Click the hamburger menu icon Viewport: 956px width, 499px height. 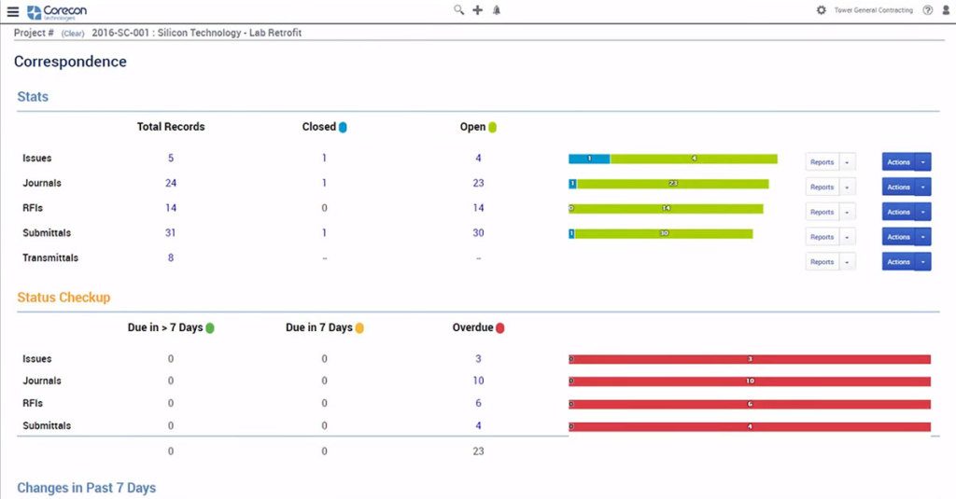coord(12,11)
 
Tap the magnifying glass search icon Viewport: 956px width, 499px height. coord(458,10)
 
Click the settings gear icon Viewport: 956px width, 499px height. coord(822,10)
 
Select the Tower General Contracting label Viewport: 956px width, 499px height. coord(874,10)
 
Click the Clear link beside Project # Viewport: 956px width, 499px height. coord(74,34)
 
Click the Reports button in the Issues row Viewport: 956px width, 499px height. coord(822,162)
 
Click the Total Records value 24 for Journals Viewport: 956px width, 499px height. coord(171,184)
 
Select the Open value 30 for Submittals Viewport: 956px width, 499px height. coord(478,233)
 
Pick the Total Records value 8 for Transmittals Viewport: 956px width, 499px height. coord(171,258)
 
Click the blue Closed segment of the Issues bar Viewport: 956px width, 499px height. coord(589,159)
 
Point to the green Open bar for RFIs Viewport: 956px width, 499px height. coord(668,209)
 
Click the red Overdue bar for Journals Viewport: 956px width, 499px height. coord(750,381)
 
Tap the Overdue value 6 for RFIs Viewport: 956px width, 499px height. coord(478,404)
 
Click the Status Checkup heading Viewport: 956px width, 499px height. coord(63,298)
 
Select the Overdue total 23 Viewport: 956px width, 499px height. coord(478,451)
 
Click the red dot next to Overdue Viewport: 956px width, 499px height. coord(500,328)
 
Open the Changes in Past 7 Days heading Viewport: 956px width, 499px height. coord(86,488)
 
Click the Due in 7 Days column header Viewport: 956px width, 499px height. coord(319,328)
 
